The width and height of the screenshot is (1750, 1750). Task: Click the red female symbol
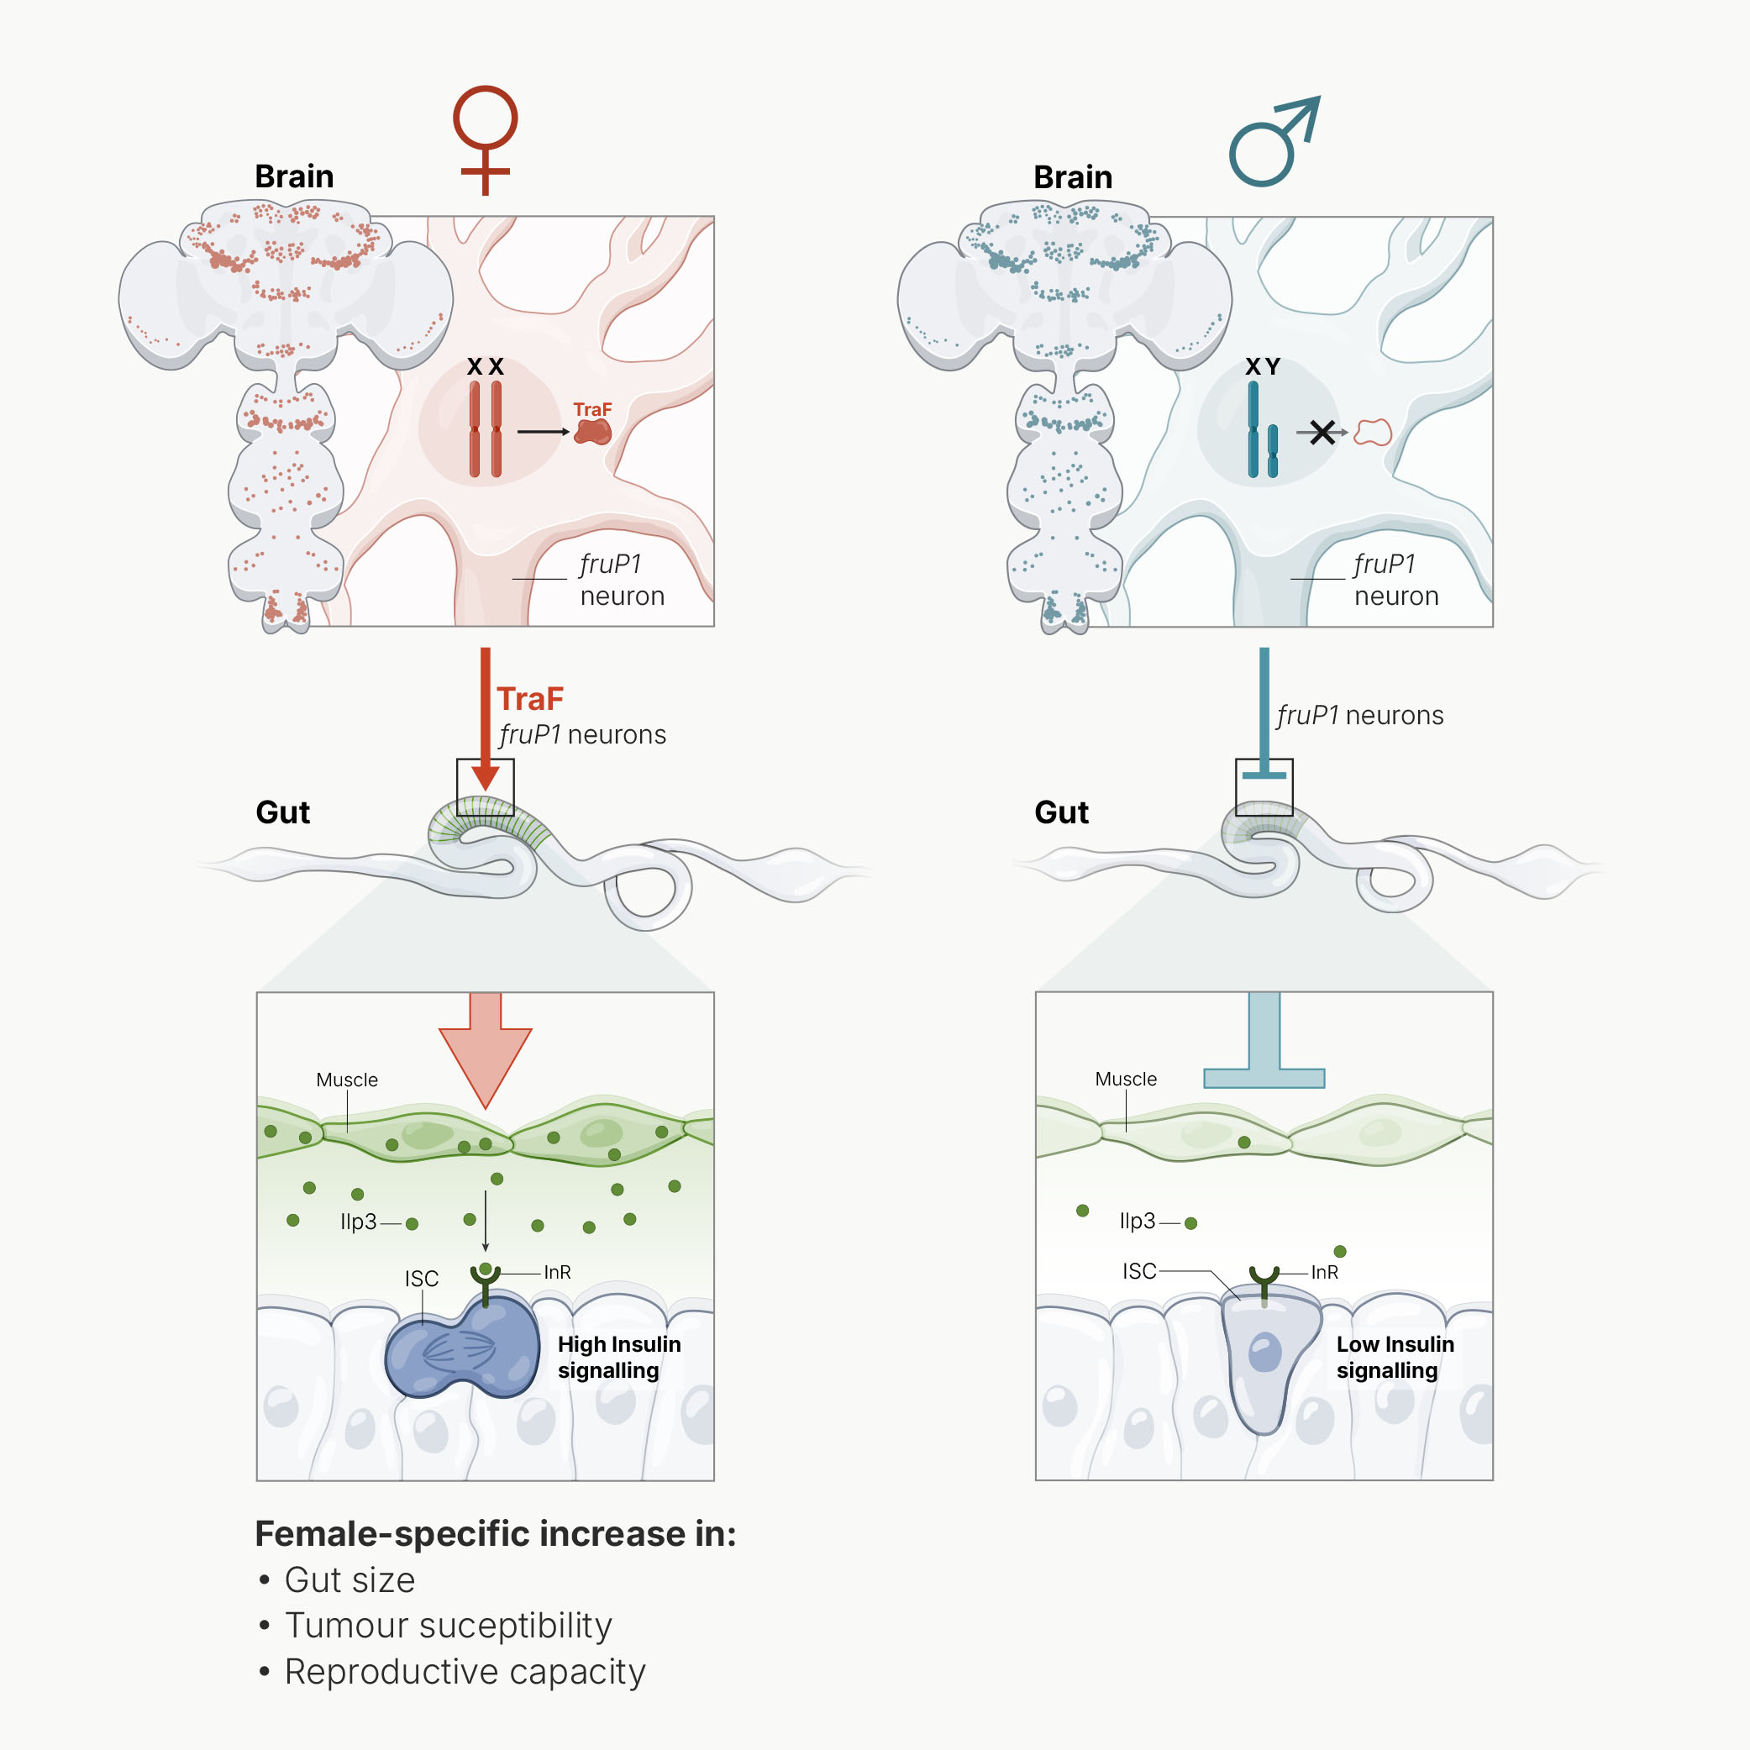(485, 140)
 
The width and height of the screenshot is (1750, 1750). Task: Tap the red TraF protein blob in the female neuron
(593, 431)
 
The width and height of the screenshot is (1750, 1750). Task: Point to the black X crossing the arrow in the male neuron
(1322, 433)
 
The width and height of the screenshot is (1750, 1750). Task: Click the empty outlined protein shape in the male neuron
(1372, 433)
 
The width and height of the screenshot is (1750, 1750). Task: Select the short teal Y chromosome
(1273, 451)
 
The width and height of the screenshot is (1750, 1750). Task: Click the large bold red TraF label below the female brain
(530, 699)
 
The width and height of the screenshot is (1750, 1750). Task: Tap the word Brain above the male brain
(1073, 176)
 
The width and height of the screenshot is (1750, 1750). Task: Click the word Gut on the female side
(282, 812)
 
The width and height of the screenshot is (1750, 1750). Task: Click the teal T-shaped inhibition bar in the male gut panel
(1264, 1040)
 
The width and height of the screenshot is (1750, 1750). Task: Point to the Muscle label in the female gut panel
(347, 1080)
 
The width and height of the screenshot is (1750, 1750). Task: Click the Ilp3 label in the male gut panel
(1138, 1221)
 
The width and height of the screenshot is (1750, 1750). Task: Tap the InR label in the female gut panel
(557, 1273)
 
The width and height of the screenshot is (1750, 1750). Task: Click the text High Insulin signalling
(619, 1357)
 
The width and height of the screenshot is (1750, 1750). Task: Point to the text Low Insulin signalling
(1395, 1357)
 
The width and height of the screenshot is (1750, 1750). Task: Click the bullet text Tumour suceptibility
(449, 1626)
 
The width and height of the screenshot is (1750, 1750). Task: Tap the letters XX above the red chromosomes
(485, 367)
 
